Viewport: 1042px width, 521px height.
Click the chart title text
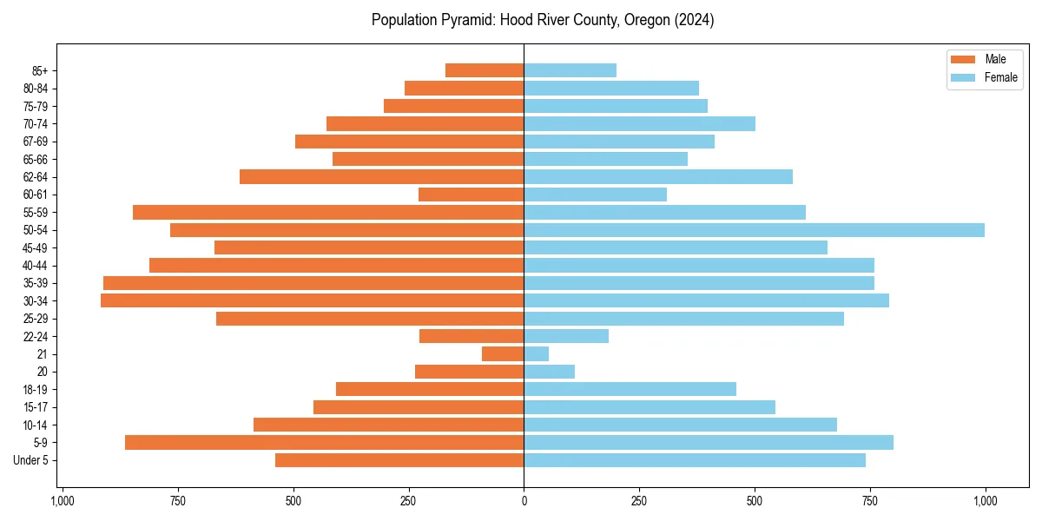[x=543, y=20]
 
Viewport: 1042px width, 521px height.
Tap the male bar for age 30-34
[x=313, y=300]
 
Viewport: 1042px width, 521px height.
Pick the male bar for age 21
[x=503, y=354]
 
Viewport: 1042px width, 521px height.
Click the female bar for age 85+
[x=570, y=70]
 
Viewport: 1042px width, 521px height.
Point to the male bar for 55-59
[x=328, y=213]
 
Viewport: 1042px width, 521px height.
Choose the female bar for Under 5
[x=695, y=460]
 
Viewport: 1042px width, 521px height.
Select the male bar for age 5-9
[x=325, y=443]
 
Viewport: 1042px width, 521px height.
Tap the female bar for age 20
[x=549, y=372]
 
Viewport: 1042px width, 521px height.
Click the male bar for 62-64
[x=382, y=177]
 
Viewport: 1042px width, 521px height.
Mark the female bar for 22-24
[x=566, y=336]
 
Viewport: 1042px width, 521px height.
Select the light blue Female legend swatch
[x=964, y=77]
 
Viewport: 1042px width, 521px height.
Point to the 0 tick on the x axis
[x=524, y=501]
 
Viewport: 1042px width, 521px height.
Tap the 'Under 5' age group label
[x=31, y=460]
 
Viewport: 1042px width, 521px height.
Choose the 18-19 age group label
[x=36, y=390]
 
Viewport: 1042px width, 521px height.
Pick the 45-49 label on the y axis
[x=36, y=248]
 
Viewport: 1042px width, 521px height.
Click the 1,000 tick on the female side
[x=985, y=501]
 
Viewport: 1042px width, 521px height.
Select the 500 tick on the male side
[x=293, y=501]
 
